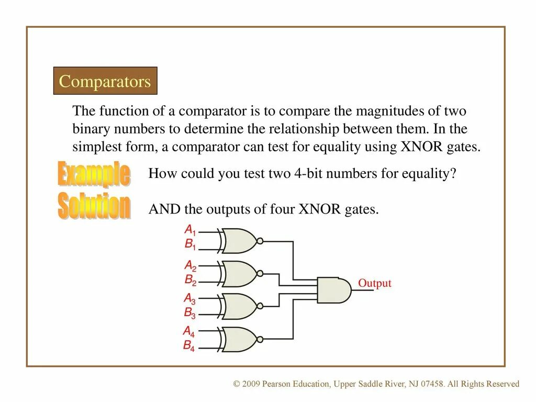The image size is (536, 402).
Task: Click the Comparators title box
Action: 105,81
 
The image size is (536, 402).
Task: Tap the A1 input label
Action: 189,230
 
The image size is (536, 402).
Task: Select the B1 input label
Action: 189,244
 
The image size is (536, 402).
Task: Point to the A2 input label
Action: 190,265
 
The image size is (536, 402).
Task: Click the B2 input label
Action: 190,280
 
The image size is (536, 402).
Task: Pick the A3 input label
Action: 189,298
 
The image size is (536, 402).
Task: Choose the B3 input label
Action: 189,313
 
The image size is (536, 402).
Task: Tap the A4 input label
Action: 188,331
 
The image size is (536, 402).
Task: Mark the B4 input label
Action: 188,345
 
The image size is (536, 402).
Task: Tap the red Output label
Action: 374,284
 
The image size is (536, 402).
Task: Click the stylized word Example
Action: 94,174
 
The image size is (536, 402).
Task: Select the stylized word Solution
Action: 94,206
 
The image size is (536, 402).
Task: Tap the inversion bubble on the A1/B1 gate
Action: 260,241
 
